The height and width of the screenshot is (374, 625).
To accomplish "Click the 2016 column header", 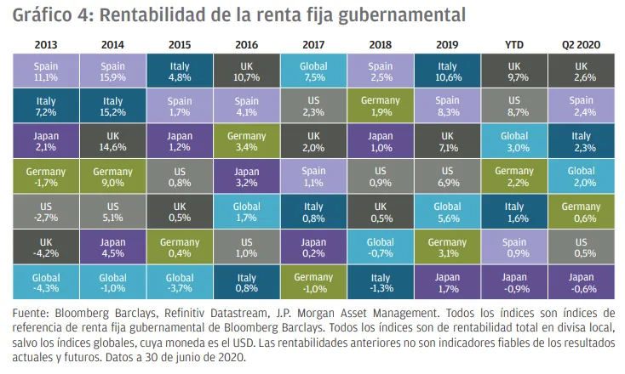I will pos(246,42).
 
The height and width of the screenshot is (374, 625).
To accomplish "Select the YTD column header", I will pos(514,42).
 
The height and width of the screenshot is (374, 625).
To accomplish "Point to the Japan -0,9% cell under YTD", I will pos(514,282).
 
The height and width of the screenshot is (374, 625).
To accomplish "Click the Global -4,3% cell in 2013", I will pos(46,282).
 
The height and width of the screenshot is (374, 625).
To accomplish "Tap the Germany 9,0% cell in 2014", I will pos(112,177).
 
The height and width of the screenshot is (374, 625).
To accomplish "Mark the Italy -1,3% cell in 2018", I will pos(381,282).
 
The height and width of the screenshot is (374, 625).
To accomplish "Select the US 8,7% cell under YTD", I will pos(514,106).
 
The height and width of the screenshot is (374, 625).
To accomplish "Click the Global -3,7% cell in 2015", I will pos(180,282).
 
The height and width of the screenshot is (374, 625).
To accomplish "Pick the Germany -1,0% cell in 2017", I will pos(313,282).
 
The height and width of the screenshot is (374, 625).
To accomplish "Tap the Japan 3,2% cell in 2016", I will pos(246,177).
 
